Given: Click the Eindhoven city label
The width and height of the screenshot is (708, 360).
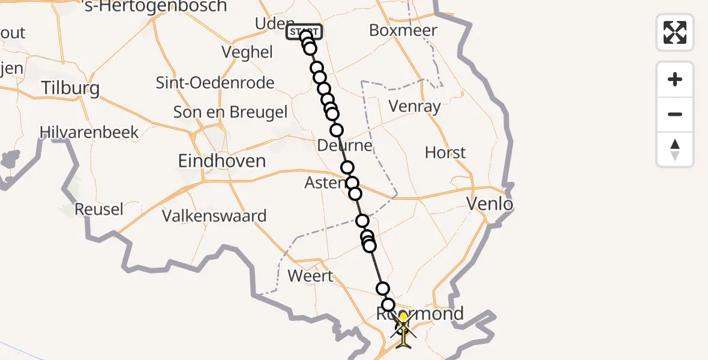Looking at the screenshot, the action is [x=222, y=161].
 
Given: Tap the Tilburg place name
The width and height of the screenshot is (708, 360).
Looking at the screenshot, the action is [x=70, y=89].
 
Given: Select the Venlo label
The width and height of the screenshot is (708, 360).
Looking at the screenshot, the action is [x=490, y=205].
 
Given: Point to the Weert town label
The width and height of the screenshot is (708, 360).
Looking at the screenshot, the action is [x=310, y=276].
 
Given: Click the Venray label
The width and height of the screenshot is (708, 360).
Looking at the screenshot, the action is [x=415, y=107].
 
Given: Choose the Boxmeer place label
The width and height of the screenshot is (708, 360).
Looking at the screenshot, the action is [x=403, y=30].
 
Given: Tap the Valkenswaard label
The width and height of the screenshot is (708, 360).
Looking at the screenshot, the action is [x=214, y=216].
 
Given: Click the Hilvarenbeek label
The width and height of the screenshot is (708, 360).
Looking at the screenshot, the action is [x=89, y=132].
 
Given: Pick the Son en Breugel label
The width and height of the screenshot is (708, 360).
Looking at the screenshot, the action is [x=230, y=112].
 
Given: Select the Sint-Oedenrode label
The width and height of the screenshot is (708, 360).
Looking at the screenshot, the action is [x=215, y=83].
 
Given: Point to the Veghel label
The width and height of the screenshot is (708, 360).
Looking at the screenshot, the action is [x=247, y=52].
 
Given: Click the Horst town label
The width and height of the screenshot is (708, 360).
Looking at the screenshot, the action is [x=445, y=152].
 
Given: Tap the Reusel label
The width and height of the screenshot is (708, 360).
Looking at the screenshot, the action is [x=99, y=209].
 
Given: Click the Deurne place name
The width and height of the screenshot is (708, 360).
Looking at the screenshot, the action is [x=346, y=146].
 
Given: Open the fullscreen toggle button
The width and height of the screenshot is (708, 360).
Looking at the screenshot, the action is [x=675, y=32].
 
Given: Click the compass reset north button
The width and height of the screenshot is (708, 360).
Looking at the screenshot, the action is [x=675, y=149].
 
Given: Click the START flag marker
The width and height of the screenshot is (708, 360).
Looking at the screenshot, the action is [x=305, y=32].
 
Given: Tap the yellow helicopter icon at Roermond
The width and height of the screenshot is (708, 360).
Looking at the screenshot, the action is [x=403, y=329].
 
